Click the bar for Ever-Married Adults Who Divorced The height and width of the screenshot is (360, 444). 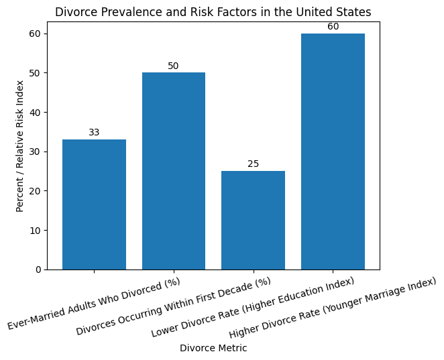click(x=94, y=204)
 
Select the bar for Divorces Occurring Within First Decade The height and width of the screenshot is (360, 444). click(x=174, y=171)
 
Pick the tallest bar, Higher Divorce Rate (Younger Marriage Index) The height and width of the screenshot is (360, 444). click(x=333, y=152)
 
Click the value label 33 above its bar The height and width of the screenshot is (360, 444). click(x=94, y=133)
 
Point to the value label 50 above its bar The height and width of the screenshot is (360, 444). click(x=174, y=66)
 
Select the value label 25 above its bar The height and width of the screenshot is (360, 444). click(x=253, y=164)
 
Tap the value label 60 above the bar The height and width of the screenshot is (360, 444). click(x=333, y=27)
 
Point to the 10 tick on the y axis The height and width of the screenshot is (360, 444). click(x=35, y=231)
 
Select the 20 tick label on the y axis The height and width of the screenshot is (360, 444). click(x=35, y=191)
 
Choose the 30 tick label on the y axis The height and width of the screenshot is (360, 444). click(x=35, y=152)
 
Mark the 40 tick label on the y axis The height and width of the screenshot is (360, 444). click(x=35, y=112)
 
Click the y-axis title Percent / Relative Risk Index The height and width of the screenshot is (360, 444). click(x=20, y=145)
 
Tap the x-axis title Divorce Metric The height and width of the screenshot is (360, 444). click(x=213, y=348)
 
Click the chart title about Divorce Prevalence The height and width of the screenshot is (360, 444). click(x=213, y=12)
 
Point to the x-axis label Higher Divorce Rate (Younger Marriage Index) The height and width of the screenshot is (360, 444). click(x=332, y=308)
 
